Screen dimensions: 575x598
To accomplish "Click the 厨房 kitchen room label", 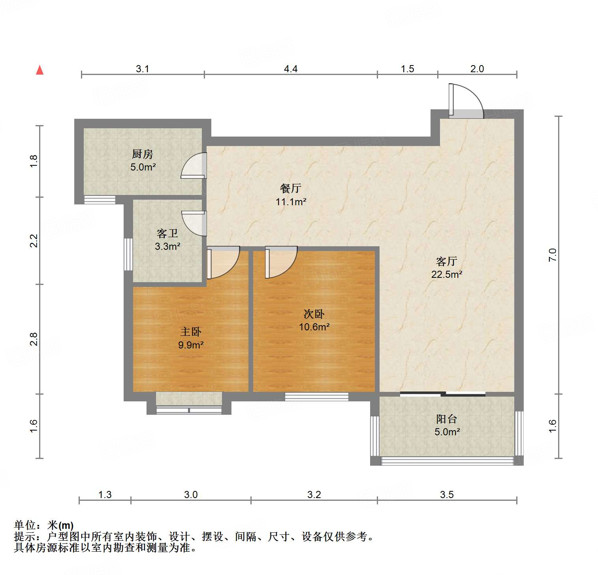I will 143,154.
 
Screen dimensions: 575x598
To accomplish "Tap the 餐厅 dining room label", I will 291,189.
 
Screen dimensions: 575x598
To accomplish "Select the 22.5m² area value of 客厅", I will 447,274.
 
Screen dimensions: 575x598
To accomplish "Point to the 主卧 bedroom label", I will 191,332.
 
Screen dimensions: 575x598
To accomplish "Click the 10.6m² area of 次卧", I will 314,327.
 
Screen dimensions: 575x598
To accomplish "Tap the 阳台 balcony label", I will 447,419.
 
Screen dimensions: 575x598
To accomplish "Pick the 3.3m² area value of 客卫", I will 167,247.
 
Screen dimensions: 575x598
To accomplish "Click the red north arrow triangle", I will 39,70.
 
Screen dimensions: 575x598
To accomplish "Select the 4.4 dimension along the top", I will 291,69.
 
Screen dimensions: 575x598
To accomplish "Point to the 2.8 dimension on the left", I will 34,339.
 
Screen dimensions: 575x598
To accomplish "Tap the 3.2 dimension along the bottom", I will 314,494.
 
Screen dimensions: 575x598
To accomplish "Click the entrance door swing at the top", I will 466,101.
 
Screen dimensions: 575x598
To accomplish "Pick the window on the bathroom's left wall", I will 128,254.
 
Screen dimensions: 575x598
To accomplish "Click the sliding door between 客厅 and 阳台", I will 442,393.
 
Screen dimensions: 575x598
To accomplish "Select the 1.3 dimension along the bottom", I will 105,494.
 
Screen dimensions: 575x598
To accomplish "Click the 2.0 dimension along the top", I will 477,69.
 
